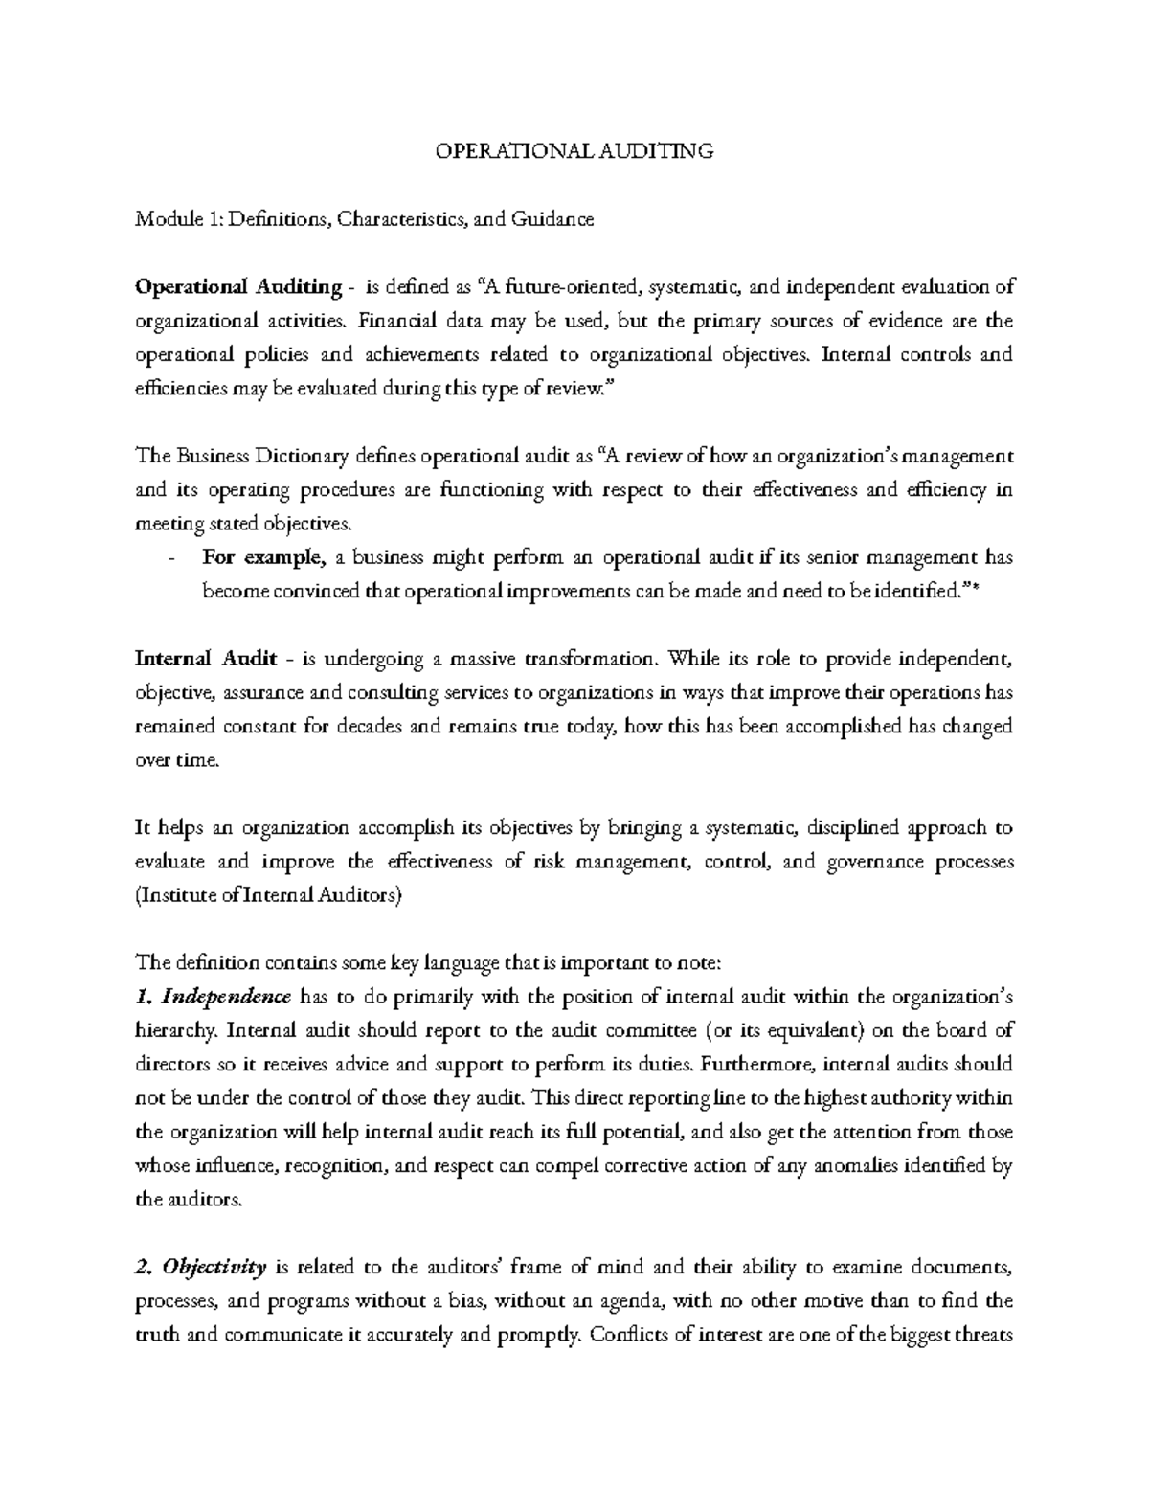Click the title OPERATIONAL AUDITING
[x=574, y=151]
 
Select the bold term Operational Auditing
[x=238, y=287]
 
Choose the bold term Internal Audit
[x=207, y=659]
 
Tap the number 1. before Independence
[x=145, y=997]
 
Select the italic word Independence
[x=226, y=997]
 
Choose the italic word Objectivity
[x=214, y=1268]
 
